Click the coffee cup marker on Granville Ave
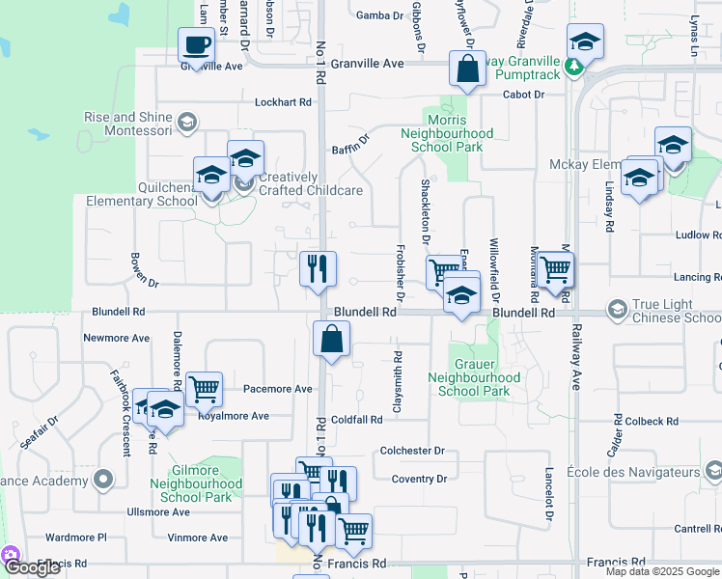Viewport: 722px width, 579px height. coord(197,45)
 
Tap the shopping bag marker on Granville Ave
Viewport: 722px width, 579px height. coord(467,69)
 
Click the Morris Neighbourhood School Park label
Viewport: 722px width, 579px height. coord(446,133)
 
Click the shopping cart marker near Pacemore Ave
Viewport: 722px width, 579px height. coord(204,389)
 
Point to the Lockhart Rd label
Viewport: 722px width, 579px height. coord(284,101)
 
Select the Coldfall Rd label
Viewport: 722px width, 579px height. coord(358,420)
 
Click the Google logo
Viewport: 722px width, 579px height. coord(33,567)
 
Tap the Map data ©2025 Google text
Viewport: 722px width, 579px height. coord(661,571)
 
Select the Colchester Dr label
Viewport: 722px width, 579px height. coord(411,451)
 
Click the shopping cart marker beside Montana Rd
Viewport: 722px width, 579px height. coord(555,270)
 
